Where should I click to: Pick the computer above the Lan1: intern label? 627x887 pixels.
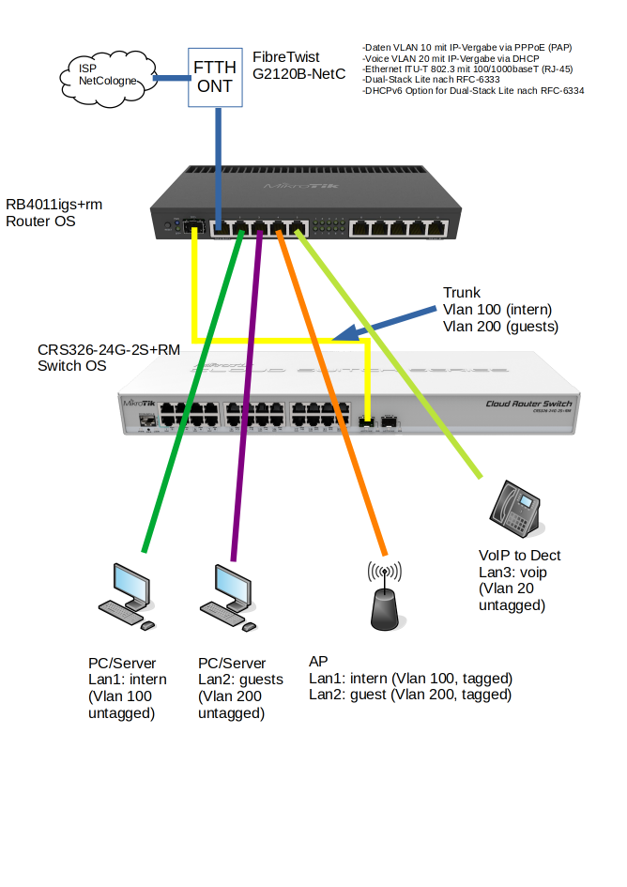coord(128,595)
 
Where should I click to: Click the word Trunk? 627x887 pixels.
coord(461,293)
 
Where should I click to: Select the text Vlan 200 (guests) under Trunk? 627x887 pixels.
coord(499,327)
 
